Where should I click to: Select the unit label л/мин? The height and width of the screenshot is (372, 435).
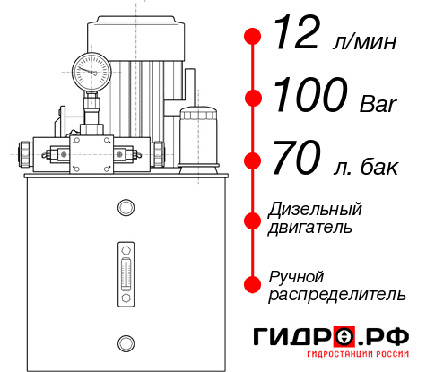click(x=363, y=42)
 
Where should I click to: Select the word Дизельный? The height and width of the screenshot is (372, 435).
click(x=315, y=210)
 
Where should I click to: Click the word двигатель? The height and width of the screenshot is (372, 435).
click(x=310, y=228)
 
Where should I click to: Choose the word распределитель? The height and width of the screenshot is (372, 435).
click(x=336, y=294)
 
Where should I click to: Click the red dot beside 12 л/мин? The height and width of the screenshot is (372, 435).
click(x=253, y=37)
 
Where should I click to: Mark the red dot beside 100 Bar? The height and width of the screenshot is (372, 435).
click(x=253, y=99)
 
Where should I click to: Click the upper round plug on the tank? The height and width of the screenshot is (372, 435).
click(x=126, y=208)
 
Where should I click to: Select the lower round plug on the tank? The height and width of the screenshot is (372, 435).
click(x=126, y=341)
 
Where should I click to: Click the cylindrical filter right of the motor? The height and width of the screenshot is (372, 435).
click(x=197, y=134)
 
